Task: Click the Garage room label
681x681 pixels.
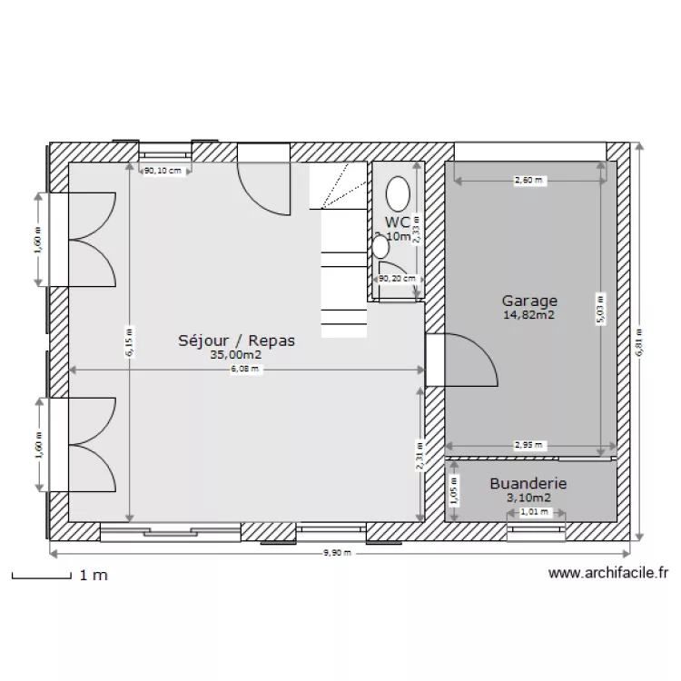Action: pyautogui.click(x=529, y=301)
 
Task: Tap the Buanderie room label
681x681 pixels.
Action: pyautogui.click(x=528, y=484)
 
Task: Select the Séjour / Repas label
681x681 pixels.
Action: pyautogui.click(x=237, y=340)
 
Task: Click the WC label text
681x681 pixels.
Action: pyautogui.click(x=397, y=222)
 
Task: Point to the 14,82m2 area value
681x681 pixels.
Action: pyautogui.click(x=529, y=316)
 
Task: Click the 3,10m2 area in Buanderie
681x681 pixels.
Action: pyautogui.click(x=528, y=498)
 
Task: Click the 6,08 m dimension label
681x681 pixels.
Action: pyautogui.click(x=246, y=370)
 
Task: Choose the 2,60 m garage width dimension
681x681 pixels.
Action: pyautogui.click(x=528, y=181)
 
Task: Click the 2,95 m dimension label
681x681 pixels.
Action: pyautogui.click(x=528, y=445)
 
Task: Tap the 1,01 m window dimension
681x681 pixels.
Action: pyautogui.click(x=535, y=511)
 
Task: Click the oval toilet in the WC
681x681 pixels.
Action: pyautogui.click(x=398, y=193)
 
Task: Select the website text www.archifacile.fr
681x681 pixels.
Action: pyautogui.click(x=608, y=574)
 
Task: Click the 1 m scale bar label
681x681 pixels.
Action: pyautogui.click(x=94, y=576)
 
